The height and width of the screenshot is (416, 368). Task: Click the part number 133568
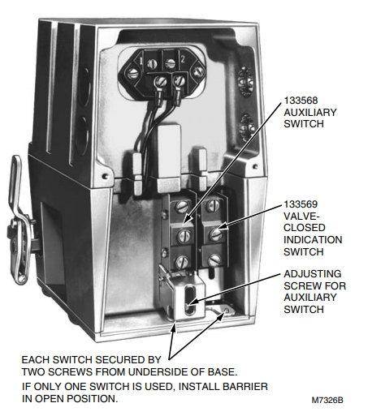301,101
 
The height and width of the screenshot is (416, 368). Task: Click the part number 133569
301,204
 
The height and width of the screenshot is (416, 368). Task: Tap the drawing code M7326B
327,400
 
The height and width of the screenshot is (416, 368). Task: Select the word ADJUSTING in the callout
313,274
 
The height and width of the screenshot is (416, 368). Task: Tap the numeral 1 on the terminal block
141,61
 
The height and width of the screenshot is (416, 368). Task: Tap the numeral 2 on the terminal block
183,59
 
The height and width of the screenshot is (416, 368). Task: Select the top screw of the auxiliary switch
182,207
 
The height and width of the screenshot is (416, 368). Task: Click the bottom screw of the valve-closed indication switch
214,261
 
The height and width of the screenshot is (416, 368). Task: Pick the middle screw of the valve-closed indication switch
216,234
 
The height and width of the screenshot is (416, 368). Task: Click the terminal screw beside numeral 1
152,64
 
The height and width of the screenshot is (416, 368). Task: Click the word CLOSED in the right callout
305,228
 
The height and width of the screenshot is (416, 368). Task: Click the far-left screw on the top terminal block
132,73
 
